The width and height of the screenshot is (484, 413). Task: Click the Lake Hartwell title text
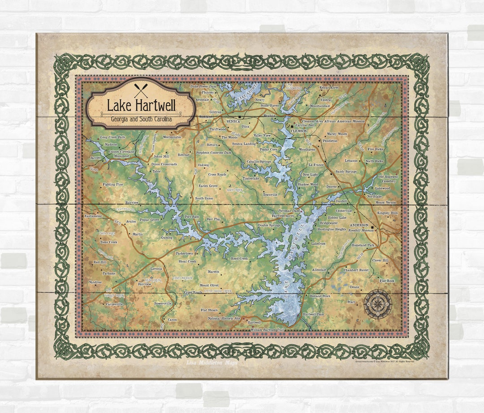(x=141, y=106)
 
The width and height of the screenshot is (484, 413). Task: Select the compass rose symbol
(x=377, y=304)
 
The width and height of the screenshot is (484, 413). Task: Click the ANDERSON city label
(x=359, y=225)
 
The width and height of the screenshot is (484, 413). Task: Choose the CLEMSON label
(x=299, y=131)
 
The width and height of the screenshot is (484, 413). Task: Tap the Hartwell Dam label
(x=313, y=314)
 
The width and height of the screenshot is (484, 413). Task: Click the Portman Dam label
(x=289, y=211)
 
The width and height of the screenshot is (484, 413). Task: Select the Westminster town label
(x=172, y=137)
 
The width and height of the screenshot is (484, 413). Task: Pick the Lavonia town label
(x=156, y=269)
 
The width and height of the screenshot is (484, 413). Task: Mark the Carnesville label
(x=114, y=305)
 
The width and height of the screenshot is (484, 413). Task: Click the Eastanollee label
(x=93, y=216)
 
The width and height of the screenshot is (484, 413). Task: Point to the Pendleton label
(x=330, y=141)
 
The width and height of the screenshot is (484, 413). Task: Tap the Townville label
(x=270, y=195)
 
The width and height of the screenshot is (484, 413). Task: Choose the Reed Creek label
(x=239, y=259)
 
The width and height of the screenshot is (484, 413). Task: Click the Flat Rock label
(x=387, y=281)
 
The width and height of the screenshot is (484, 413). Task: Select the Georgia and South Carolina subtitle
(x=141, y=119)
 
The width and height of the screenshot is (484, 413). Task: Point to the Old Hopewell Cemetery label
(x=388, y=179)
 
